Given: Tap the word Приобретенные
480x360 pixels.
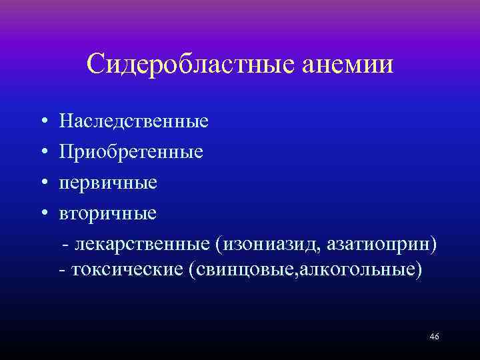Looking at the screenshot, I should tap(131, 153).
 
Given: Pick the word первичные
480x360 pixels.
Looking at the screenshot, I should tap(107, 183).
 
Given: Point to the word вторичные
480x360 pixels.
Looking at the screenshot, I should tap(107, 213).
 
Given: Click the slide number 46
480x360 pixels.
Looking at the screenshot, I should tap(434, 337).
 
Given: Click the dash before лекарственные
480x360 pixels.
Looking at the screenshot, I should tap(65, 244).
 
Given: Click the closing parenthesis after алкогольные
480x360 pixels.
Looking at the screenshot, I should tap(419, 272).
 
